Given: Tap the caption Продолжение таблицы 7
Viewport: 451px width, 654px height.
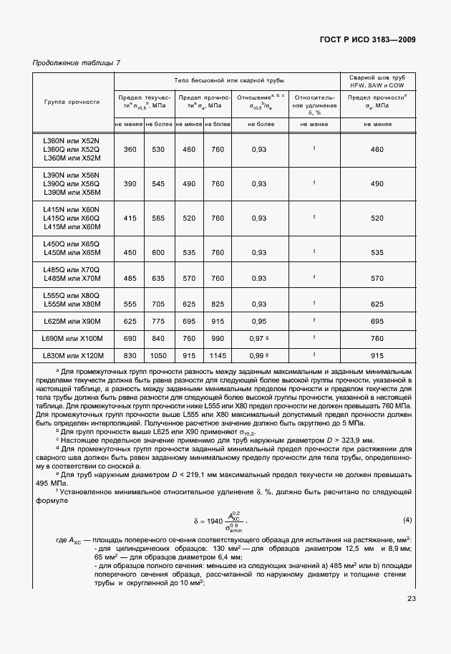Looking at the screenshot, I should [77, 62].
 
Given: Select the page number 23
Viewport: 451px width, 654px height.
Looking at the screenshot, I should [411, 600].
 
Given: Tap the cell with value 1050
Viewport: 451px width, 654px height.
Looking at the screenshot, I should [158, 355].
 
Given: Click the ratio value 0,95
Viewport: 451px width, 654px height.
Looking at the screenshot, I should [259, 321].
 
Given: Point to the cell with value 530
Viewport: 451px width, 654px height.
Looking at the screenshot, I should [158, 149].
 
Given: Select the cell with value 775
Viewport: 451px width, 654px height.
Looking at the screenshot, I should [158, 321].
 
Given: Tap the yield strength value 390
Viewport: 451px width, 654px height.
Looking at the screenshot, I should [130, 183].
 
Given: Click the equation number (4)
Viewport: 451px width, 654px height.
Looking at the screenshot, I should [407, 519].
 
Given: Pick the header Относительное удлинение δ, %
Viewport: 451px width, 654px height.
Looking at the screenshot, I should [314, 103].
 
